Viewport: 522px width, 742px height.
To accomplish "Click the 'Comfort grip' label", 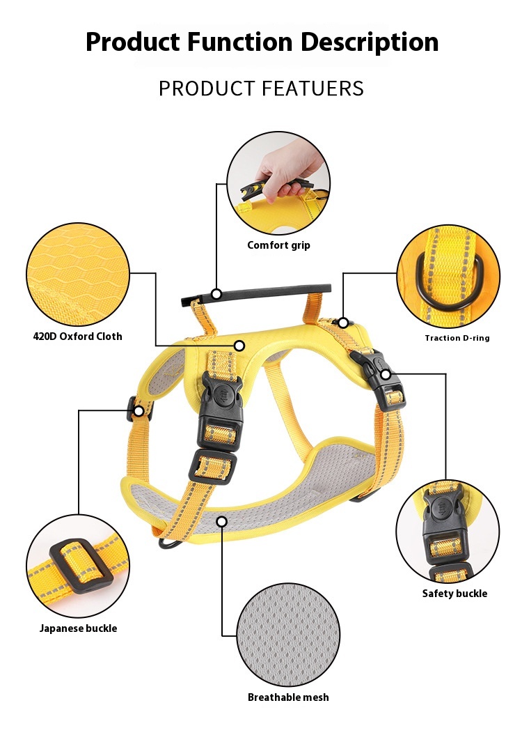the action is pyautogui.click(x=278, y=245).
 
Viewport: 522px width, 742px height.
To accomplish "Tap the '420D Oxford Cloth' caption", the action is pyautogui.click(x=77, y=337).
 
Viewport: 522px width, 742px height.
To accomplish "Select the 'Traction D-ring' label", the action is pyautogui.click(x=457, y=338).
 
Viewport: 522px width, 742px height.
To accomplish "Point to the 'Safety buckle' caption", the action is pyautogui.click(x=454, y=594).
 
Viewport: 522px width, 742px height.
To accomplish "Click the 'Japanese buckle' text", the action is pyautogui.click(x=78, y=628).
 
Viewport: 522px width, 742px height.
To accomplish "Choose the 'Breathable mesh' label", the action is pyautogui.click(x=288, y=697).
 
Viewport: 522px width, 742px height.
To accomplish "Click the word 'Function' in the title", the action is pyautogui.click(x=240, y=42).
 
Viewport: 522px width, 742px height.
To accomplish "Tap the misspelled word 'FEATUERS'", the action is pyautogui.click(x=313, y=88).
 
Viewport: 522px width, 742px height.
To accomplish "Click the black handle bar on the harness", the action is pyautogui.click(x=256, y=293).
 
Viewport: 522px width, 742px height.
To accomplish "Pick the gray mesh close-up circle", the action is pyautogui.click(x=288, y=634).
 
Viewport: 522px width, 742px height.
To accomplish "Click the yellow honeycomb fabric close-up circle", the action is pyautogui.click(x=78, y=275).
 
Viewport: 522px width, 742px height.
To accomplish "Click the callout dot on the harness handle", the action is pyautogui.click(x=216, y=294).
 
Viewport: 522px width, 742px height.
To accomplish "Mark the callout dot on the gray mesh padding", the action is pyautogui.click(x=222, y=521).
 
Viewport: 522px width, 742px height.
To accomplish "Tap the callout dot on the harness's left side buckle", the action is pyautogui.click(x=139, y=411).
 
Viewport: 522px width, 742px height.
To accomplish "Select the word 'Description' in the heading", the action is pyautogui.click(x=370, y=42).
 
